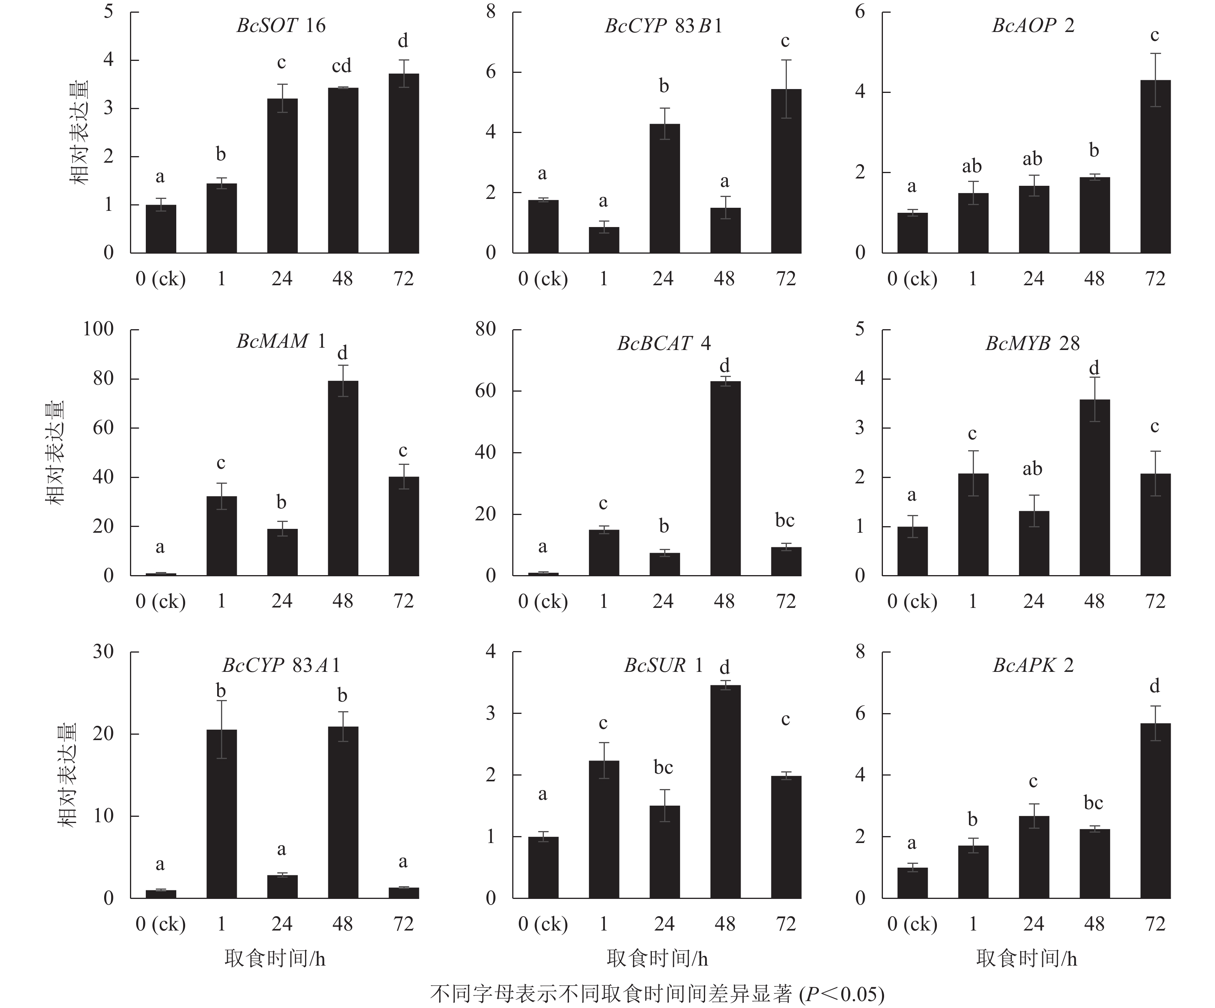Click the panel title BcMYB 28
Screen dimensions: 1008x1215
(1032, 343)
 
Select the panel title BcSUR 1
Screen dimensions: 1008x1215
(663, 666)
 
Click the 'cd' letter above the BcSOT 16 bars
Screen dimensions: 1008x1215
(341, 66)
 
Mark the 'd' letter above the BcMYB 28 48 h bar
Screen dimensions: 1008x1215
(1093, 368)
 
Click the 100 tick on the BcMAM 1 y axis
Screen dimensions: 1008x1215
(98, 329)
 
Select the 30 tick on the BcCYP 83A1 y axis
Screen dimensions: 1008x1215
(103, 652)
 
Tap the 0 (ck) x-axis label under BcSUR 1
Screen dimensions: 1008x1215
(543, 924)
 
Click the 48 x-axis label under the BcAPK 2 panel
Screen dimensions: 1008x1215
(1093, 924)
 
